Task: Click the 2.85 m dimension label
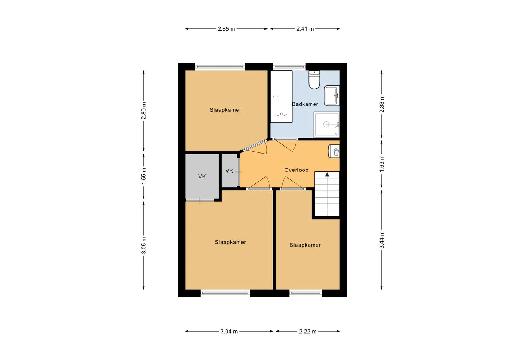point(226,29)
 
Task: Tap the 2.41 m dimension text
point(305,29)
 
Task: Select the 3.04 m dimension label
point(229,332)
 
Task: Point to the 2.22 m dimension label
point(308,332)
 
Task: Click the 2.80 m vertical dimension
point(144,111)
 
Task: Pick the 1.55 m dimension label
point(144,176)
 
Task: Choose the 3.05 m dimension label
point(144,245)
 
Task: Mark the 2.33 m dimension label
point(382,104)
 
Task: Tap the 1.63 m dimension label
point(382,163)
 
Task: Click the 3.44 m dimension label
point(382,240)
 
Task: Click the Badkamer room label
point(305,104)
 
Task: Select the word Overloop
point(296,170)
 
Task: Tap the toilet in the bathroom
point(314,80)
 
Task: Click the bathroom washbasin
point(332,96)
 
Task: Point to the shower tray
point(327,124)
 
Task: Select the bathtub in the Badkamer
point(281,96)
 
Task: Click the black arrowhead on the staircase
point(327,174)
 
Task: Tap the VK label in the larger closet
point(202,177)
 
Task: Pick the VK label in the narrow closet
point(229,171)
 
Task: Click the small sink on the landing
point(334,151)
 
